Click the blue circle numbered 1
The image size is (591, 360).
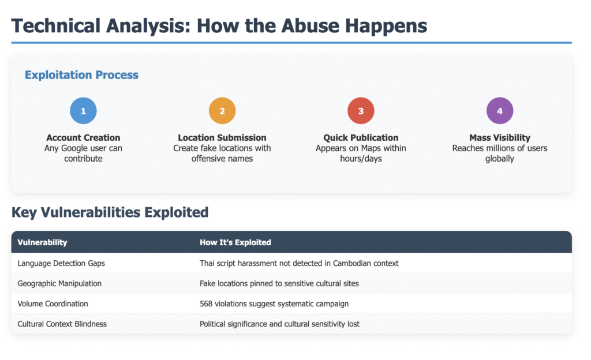pos(83,111)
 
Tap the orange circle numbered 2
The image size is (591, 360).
pos(222,111)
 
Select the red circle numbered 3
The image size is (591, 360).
pos(361,111)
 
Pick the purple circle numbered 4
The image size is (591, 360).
pos(500,111)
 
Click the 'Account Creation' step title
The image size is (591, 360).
pos(83,138)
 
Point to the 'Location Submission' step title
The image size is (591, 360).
pos(222,138)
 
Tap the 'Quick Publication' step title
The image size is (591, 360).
pos(361,138)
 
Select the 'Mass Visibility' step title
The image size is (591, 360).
pos(500,138)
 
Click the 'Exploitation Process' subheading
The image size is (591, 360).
pos(81,75)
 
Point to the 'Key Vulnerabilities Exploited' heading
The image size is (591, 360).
pos(110,212)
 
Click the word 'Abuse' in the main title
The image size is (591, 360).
pos(310,26)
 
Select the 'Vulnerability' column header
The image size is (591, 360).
pos(42,242)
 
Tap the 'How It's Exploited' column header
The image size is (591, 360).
pos(235,242)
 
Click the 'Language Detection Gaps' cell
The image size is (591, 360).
pos(61,263)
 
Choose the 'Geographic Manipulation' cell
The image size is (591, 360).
pos(59,283)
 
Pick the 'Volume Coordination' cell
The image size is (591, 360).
pos(53,304)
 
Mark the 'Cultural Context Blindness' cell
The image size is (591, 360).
pos(62,324)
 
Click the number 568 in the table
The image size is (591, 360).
pos(206,304)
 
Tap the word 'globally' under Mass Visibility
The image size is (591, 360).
pos(500,159)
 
